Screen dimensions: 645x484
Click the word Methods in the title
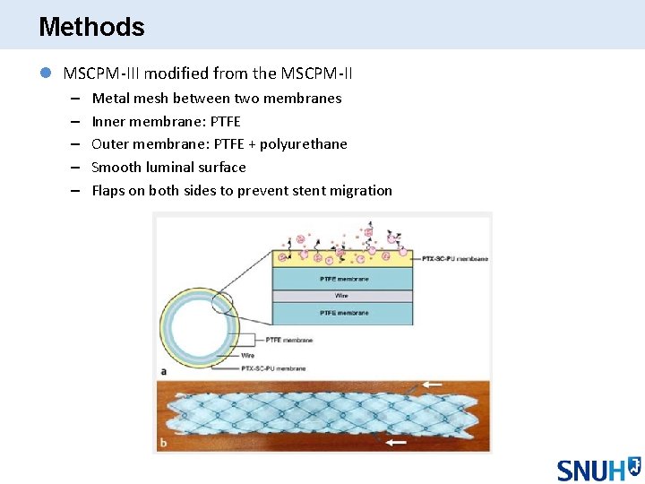point(91,27)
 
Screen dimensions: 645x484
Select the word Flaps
point(108,191)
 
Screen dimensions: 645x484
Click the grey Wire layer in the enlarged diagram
point(343,296)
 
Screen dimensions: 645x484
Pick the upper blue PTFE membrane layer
point(343,279)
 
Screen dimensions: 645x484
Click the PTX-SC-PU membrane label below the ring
point(273,368)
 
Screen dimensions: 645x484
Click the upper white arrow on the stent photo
point(433,384)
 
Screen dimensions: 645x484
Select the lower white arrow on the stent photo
point(395,441)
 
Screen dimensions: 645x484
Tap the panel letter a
point(162,370)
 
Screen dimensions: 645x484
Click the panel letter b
point(162,443)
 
